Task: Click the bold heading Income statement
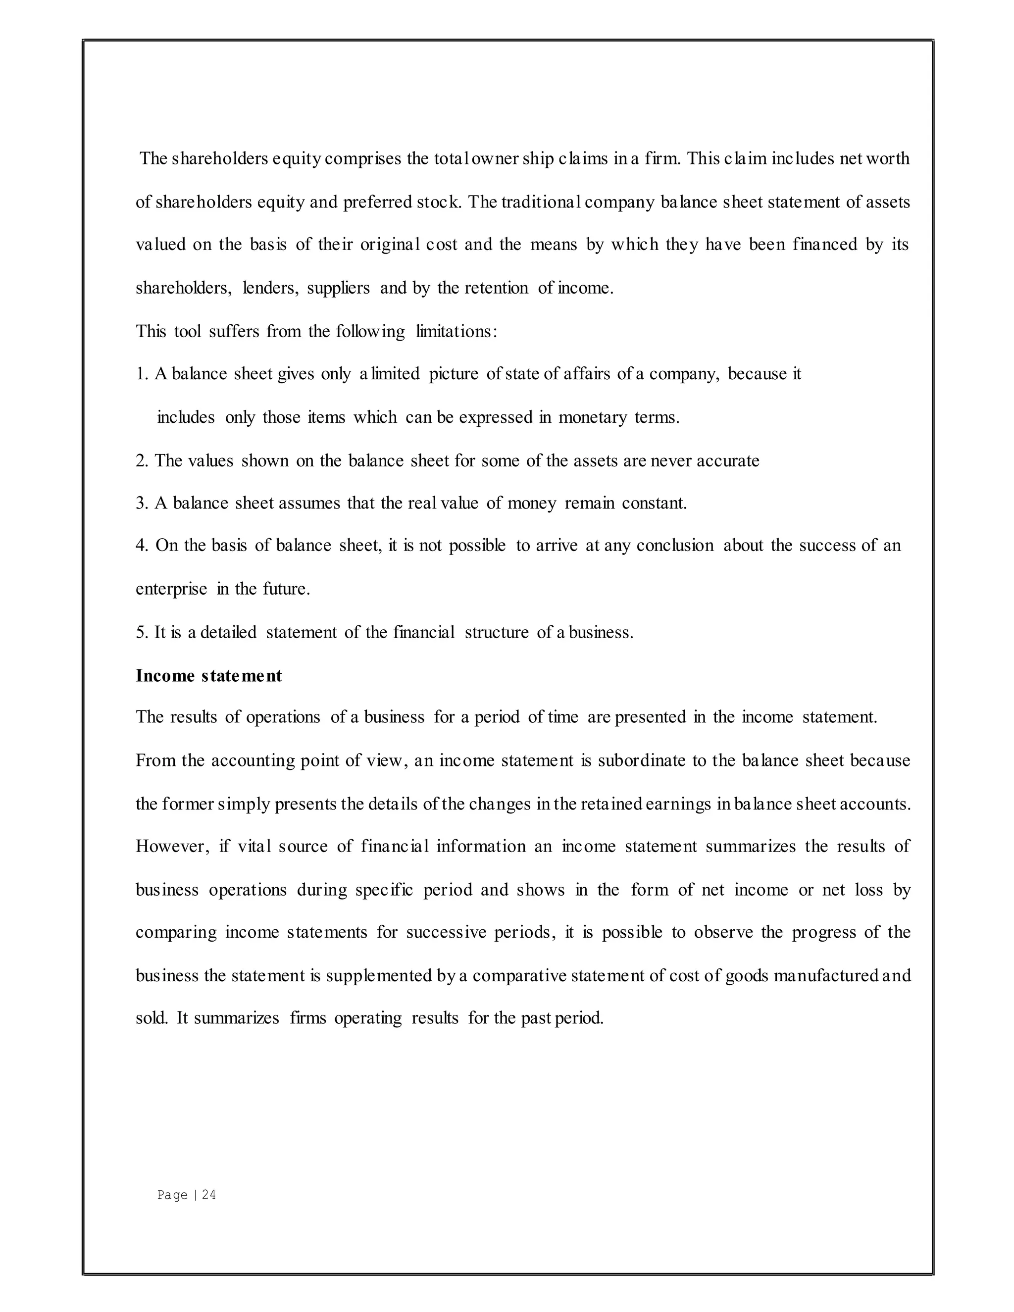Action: (x=208, y=676)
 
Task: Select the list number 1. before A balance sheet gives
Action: (x=142, y=374)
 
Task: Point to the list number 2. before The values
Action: (x=142, y=461)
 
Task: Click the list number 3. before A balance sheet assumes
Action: (x=142, y=503)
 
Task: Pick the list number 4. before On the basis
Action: (x=142, y=546)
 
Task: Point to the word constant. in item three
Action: (x=654, y=503)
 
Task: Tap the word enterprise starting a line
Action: (x=171, y=589)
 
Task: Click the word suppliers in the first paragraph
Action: (x=338, y=288)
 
